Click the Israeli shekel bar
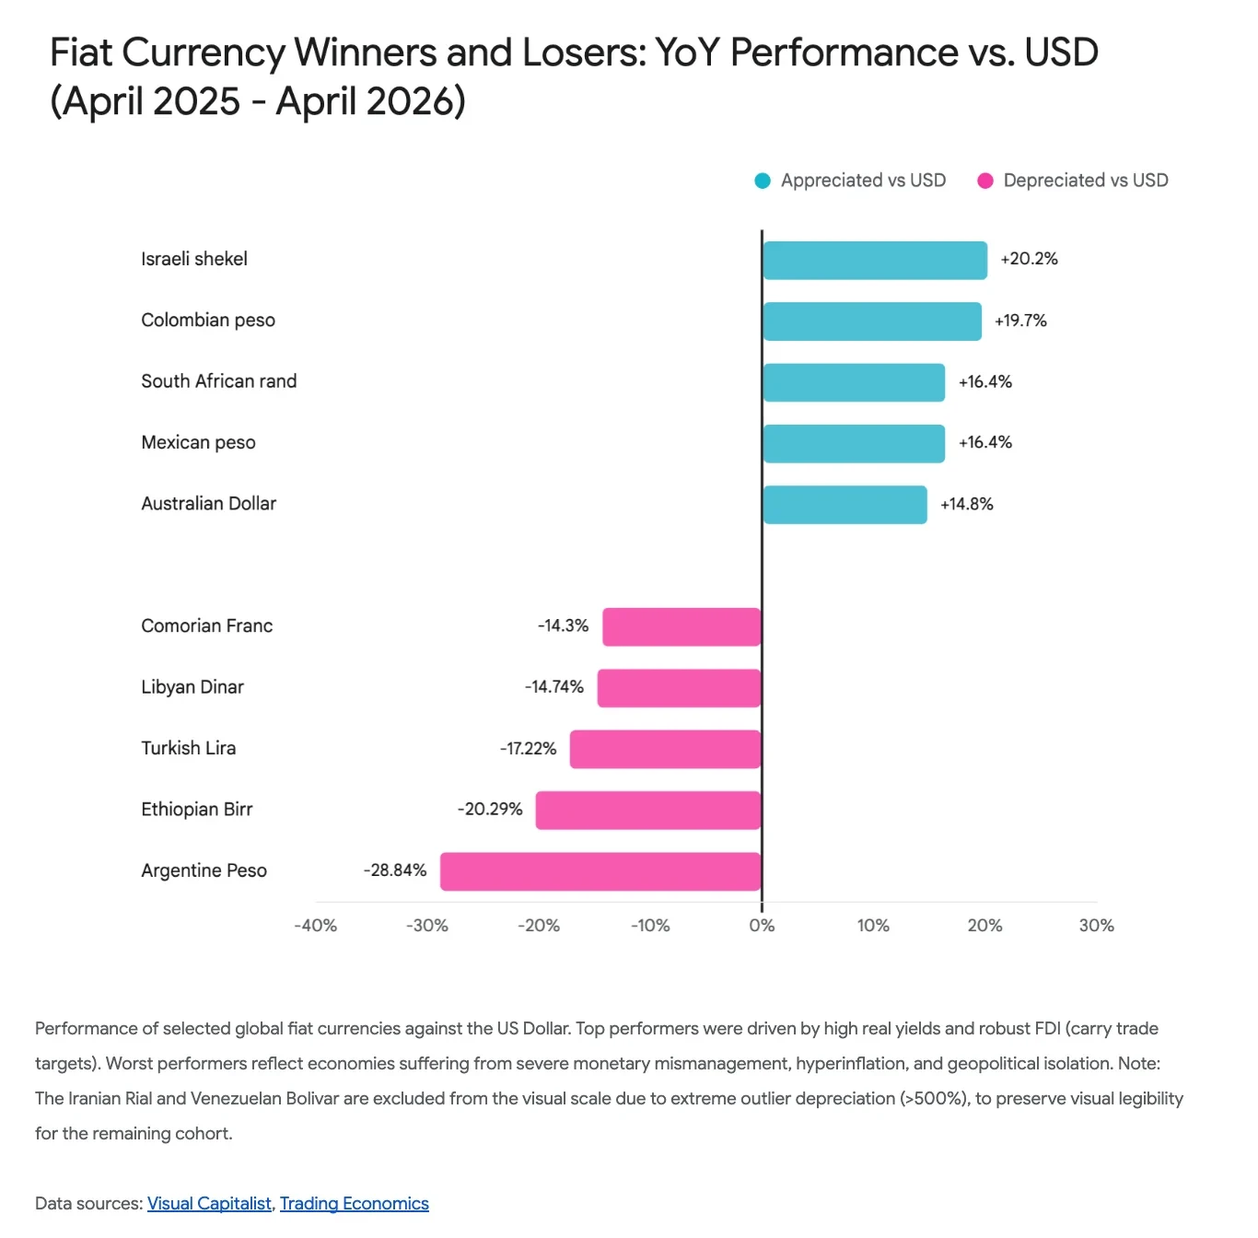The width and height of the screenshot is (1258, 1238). coord(874,261)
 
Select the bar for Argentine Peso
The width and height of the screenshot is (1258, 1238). coord(600,871)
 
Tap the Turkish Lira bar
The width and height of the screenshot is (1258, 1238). coord(665,749)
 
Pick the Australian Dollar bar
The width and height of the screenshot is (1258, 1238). coord(844,505)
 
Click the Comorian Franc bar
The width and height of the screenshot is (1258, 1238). coord(681,626)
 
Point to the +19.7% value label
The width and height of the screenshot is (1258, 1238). coord(1020,321)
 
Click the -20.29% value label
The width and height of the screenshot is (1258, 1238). coord(490,809)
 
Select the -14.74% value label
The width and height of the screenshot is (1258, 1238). coord(554,687)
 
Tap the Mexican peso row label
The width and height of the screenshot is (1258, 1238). coord(198,443)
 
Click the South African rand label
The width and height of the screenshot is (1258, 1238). coord(218,381)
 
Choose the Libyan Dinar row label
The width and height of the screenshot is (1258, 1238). coord(192,687)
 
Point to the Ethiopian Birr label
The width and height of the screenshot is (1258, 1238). coord(196,810)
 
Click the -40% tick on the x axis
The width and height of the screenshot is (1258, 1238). coord(315,926)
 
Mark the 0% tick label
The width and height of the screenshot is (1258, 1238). coord(762,926)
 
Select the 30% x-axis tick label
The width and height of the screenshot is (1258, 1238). coord(1096,926)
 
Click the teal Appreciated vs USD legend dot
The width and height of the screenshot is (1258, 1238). coord(763,181)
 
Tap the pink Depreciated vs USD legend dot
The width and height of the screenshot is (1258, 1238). coord(985,181)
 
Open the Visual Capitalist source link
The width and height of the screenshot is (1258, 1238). coord(209,1204)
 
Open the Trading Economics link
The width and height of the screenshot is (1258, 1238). coord(355,1204)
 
